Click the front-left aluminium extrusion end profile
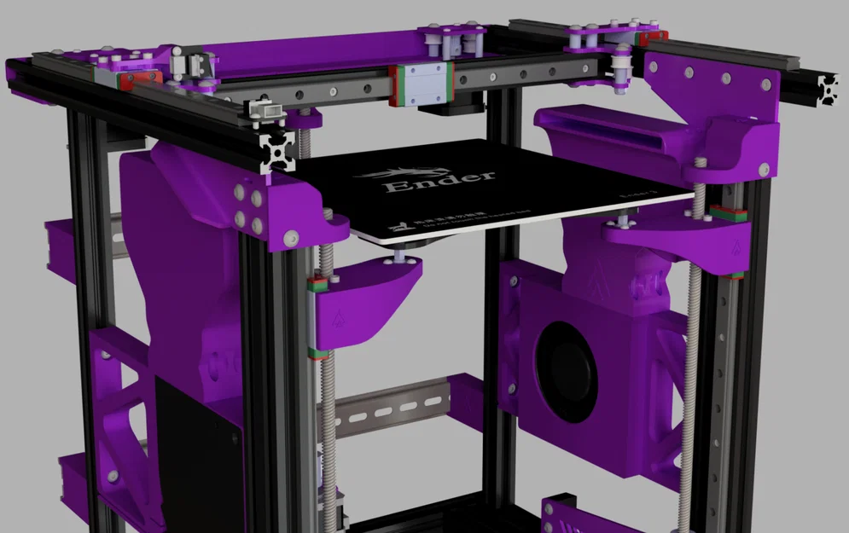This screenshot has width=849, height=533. tap(278, 152)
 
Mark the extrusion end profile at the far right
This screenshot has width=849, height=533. tap(827, 87)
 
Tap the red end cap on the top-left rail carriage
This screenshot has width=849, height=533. tap(129, 81)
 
